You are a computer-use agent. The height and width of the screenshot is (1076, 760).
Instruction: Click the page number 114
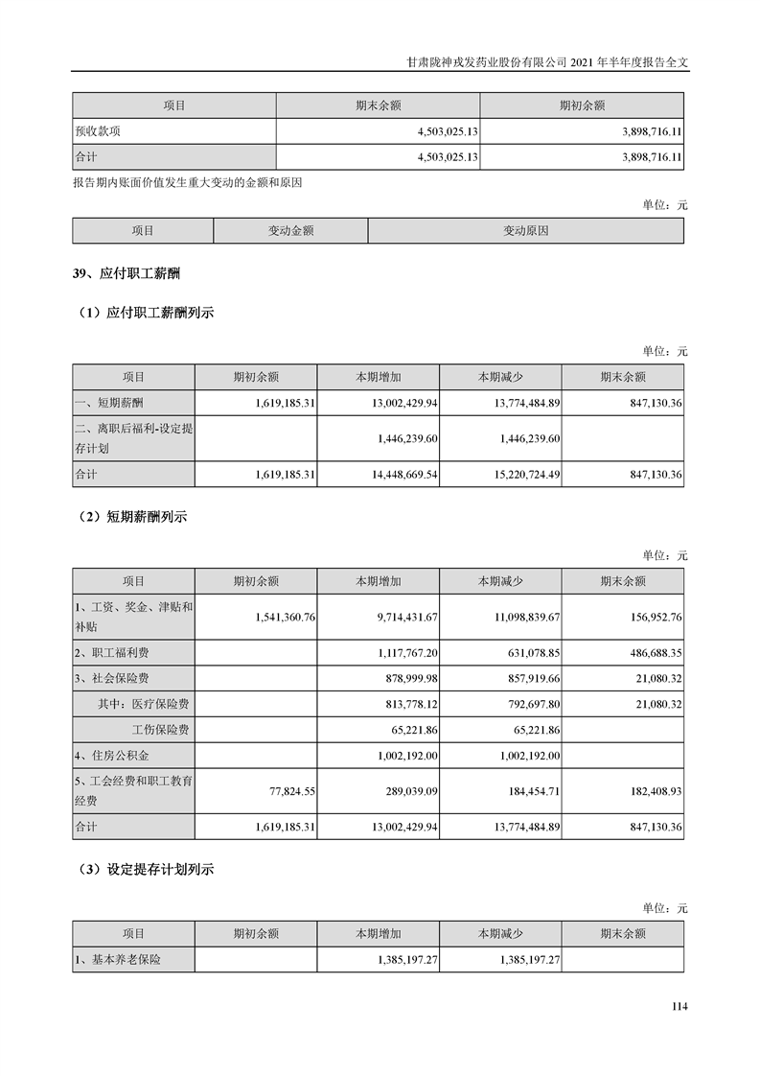(x=679, y=1006)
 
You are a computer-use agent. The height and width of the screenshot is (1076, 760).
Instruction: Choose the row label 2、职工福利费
(x=112, y=653)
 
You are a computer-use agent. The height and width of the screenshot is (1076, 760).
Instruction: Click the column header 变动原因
(x=525, y=231)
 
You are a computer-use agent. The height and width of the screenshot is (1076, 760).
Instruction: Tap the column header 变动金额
(x=290, y=231)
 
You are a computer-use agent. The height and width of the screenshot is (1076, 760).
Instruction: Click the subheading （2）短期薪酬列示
(x=133, y=517)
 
